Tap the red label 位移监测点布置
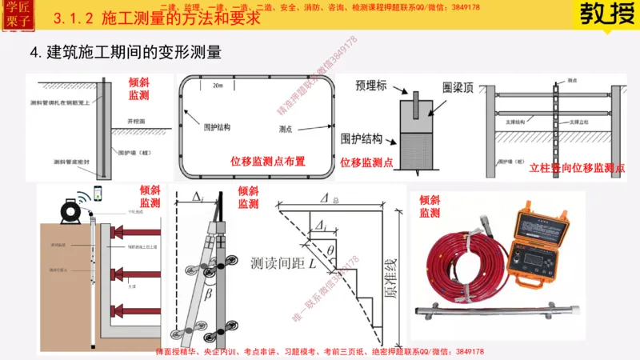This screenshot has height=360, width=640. [267, 162]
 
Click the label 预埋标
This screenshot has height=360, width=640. [371, 82]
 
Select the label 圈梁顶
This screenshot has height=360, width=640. [458, 83]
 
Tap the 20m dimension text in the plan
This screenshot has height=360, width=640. [218, 86]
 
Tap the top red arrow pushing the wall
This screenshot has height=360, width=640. [136, 231]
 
